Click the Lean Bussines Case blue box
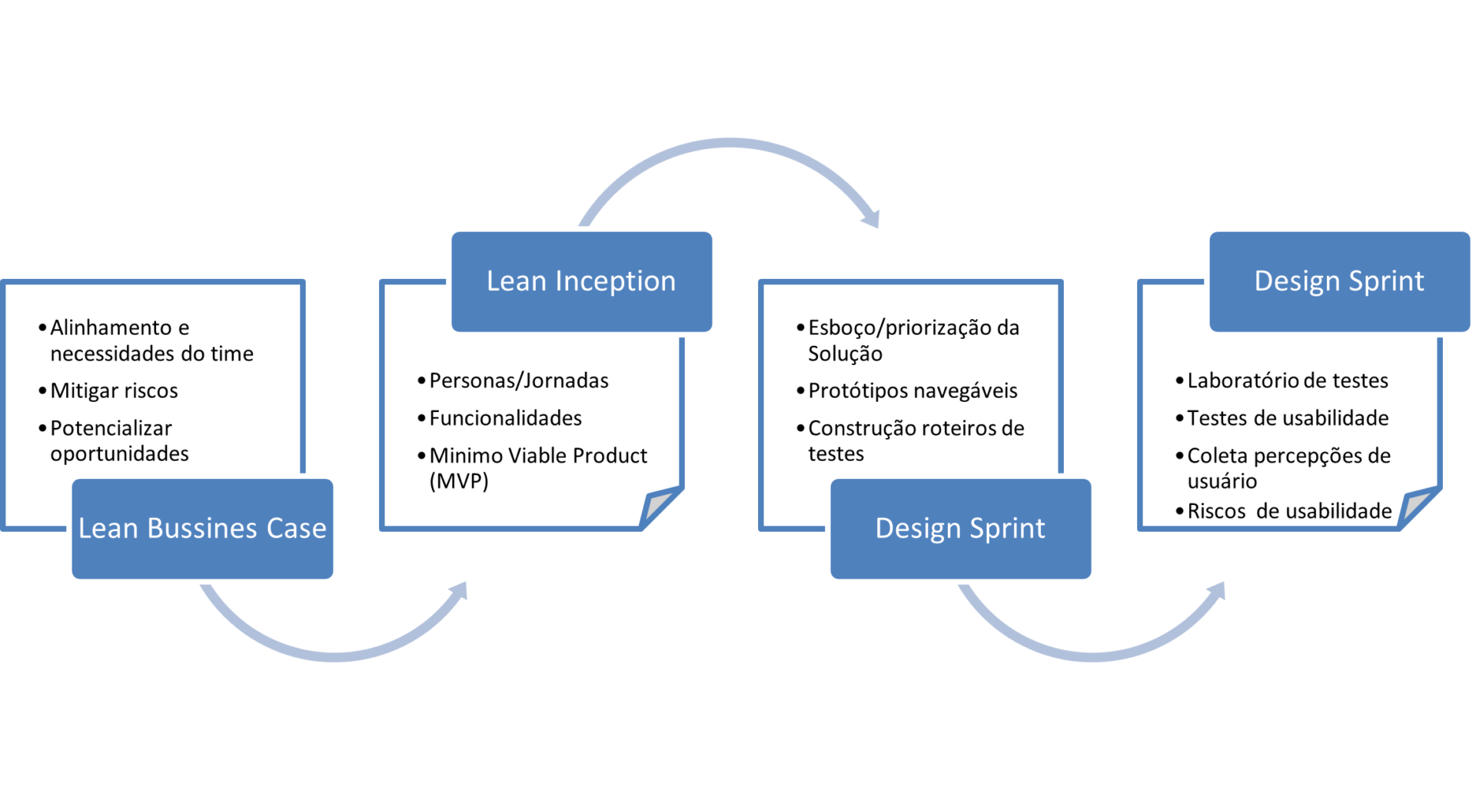pos(202,529)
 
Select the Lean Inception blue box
pos(581,281)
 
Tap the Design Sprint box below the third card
pos(960,529)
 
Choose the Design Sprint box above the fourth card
pos(1339,281)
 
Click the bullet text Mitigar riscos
pos(114,391)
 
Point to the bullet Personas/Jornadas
pos(519,380)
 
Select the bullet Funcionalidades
pos(505,418)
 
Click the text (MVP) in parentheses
pos(459,482)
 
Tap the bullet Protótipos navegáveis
pos(913,391)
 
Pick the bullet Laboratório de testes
pos(1288,380)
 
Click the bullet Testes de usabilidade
pos(1288,418)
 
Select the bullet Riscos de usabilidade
pos(1289,511)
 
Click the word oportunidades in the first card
pos(119,454)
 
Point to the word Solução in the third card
pos(845,354)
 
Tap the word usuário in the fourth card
pos(1222,482)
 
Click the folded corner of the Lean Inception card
pos(659,506)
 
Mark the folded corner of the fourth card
pos(1417,507)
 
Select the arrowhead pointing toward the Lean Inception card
pos(460,591)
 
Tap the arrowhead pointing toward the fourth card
pos(1218,591)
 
